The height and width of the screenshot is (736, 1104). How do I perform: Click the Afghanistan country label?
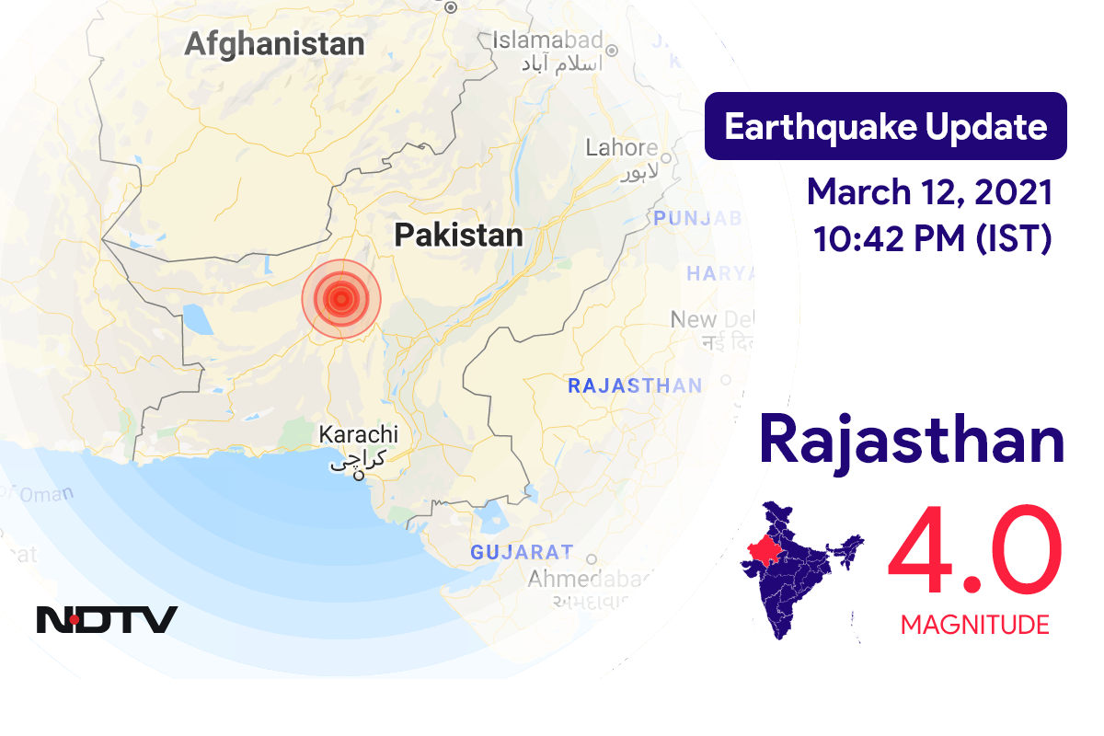(x=274, y=43)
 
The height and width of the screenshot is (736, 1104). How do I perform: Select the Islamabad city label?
(x=547, y=40)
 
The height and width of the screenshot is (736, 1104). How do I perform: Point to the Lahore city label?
(x=622, y=147)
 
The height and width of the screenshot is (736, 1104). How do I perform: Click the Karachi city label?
(x=358, y=434)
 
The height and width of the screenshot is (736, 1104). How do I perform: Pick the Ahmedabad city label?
(x=590, y=580)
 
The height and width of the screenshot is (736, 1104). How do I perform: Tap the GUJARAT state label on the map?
(x=521, y=553)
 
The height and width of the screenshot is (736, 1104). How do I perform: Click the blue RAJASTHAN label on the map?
(x=635, y=385)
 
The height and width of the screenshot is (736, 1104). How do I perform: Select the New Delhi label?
(x=712, y=320)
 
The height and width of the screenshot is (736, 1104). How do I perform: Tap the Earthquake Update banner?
(x=885, y=126)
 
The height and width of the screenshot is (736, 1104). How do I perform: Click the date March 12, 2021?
(x=929, y=193)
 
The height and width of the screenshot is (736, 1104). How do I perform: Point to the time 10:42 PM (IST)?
(x=931, y=238)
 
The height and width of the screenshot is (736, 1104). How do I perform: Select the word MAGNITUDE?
(x=974, y=626)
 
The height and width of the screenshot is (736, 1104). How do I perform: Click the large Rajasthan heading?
(x=912, y=440)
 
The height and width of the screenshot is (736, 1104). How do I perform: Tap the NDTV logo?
(x=107, y=619)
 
